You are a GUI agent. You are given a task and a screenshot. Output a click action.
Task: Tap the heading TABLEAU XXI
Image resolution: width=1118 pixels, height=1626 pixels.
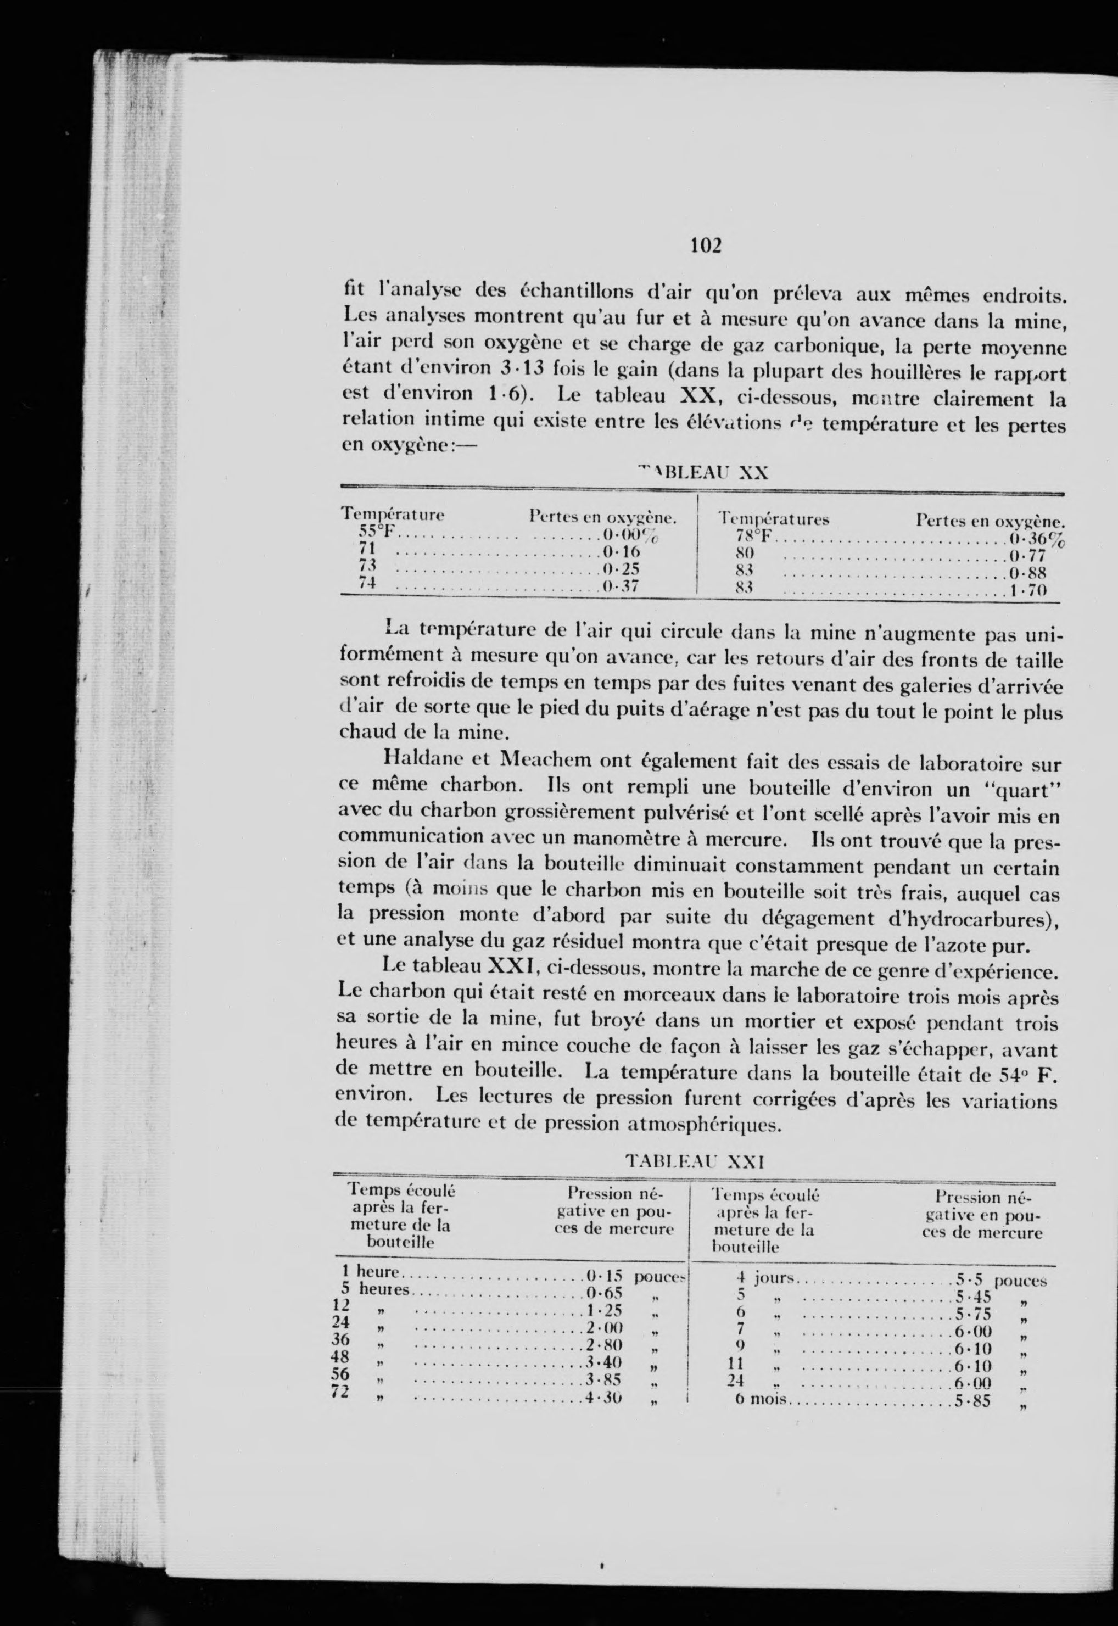click(x=694, y=1161)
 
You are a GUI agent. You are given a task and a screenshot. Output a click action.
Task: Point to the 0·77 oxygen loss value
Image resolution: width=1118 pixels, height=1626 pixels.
click(x=1027, y=556)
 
